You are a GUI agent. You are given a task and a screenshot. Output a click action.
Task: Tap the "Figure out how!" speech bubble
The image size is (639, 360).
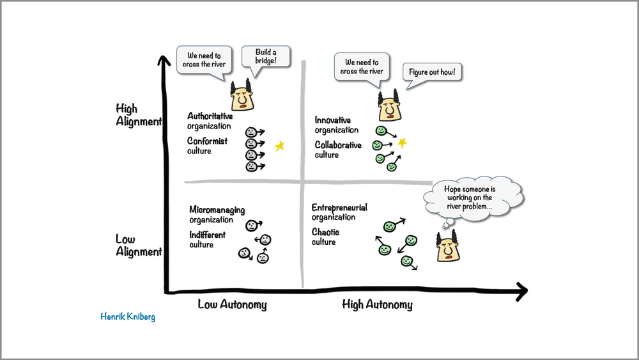coord(433,72)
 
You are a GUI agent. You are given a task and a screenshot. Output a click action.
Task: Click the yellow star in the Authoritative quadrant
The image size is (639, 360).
coord(279,146)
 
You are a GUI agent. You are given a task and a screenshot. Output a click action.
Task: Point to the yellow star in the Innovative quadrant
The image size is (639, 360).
coord(402,143)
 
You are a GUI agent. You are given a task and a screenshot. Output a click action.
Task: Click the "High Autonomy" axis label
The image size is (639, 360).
coord(377,304)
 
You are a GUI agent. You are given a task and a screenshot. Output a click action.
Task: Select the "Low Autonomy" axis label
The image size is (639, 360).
coord(232,304)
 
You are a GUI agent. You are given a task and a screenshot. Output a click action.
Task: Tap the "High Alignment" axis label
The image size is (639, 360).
coord(138,115)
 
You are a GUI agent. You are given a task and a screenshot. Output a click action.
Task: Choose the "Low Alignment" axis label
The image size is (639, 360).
coord(138,246)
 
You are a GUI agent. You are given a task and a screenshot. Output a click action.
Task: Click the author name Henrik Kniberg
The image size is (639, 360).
coord(128,317)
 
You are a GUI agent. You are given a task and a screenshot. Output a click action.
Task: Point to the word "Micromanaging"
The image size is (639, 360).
coord(217,210)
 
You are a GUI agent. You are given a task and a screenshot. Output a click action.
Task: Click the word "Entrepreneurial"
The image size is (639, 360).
coord(339,208)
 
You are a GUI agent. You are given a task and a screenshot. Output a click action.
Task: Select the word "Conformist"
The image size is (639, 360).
coord(207,141)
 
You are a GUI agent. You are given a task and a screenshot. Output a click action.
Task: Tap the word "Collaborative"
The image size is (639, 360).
coord(338,145)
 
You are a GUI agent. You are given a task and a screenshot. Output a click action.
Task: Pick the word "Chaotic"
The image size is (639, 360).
coord(325,232)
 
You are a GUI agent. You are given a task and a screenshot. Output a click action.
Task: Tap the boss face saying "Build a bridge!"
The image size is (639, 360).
coord(242,97)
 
